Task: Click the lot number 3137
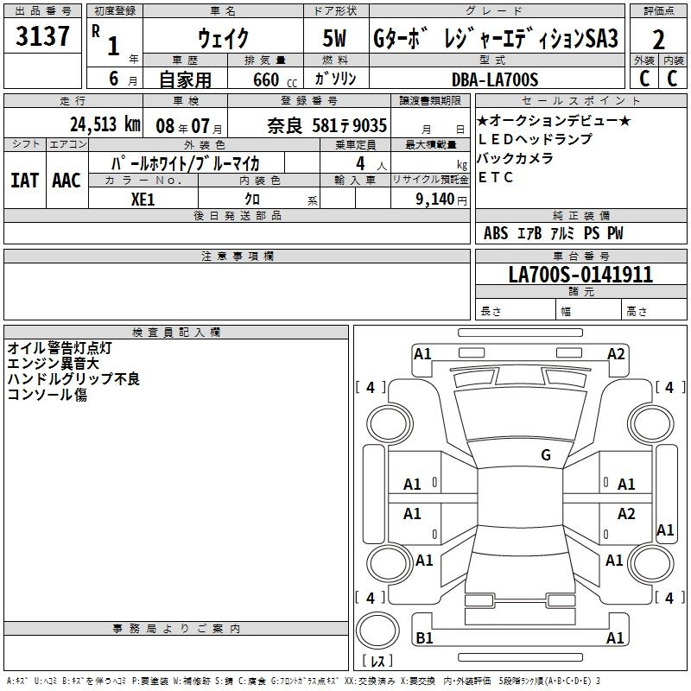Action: tap(42, 36)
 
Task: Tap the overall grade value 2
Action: tap(658, 41)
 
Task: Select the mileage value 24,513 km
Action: tap(105, 124)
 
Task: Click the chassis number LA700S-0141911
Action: tap(580, 275)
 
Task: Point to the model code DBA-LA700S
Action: tap(495, 79)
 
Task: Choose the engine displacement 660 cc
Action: tap(275, 80)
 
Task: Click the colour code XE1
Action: tap(143, 200)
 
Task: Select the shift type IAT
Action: tap(24, 181)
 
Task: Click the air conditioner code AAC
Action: tap(67, 181)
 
